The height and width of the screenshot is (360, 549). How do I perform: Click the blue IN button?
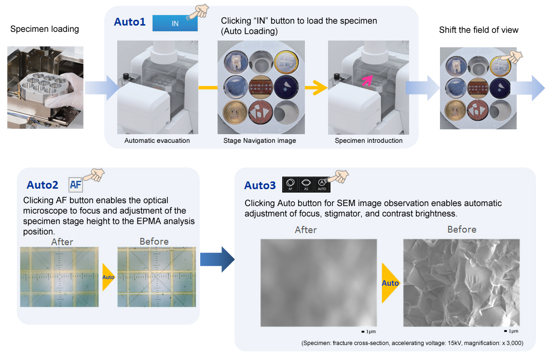click(x=175, y=23)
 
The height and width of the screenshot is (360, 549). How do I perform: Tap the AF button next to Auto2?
click(x=76, y=184)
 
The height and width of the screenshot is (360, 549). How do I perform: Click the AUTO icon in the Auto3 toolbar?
click(x=322, y=184)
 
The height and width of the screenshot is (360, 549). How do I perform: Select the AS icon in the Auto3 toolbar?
click(x=306, y=184)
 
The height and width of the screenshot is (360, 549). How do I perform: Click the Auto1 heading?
click(x=130, y=22)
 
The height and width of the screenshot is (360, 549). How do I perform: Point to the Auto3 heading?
click(x=260, y=185)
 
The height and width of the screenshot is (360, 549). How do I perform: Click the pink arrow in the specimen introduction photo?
click(x=367, y=80)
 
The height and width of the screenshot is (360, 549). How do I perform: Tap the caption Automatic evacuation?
click(x=157, y=140)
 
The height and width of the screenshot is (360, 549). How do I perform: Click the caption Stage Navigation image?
click(x=260, y=140)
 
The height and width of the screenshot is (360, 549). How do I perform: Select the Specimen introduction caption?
click(x=369, y=140)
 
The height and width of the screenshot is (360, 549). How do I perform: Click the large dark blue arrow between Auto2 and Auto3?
click(x=217, y=260)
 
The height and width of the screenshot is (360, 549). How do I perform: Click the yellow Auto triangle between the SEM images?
click(x=390, y=283)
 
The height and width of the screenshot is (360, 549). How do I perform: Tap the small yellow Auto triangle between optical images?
click(x=108, y=277)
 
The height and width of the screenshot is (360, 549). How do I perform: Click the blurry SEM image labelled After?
click(x=318, y=283)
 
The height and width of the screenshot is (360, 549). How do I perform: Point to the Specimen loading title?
click(x=44, y=29)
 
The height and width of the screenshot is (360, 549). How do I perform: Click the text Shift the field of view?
click(x=479, y=30)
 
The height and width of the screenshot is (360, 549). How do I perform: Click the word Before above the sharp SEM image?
click(x=462, y=229)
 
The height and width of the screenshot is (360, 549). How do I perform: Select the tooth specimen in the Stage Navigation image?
click(x=235, y=62)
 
